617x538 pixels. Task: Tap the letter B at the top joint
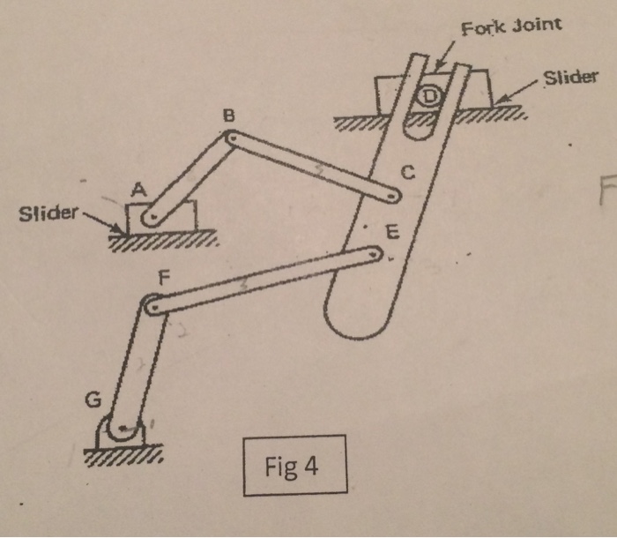[x=228, y=116]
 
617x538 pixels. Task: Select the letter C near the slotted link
[x=406, y=173]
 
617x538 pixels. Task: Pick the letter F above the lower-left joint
[x=161, y=276]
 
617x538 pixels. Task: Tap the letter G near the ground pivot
[x=91, y=400]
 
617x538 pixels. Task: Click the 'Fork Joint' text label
[x=511, y=24]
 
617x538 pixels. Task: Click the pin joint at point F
[x=152, y=307]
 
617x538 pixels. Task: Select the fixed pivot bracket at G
[x=122, y=432]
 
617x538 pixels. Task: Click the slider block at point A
[x=160, y=217]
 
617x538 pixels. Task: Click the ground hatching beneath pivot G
[x=123, y=456]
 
